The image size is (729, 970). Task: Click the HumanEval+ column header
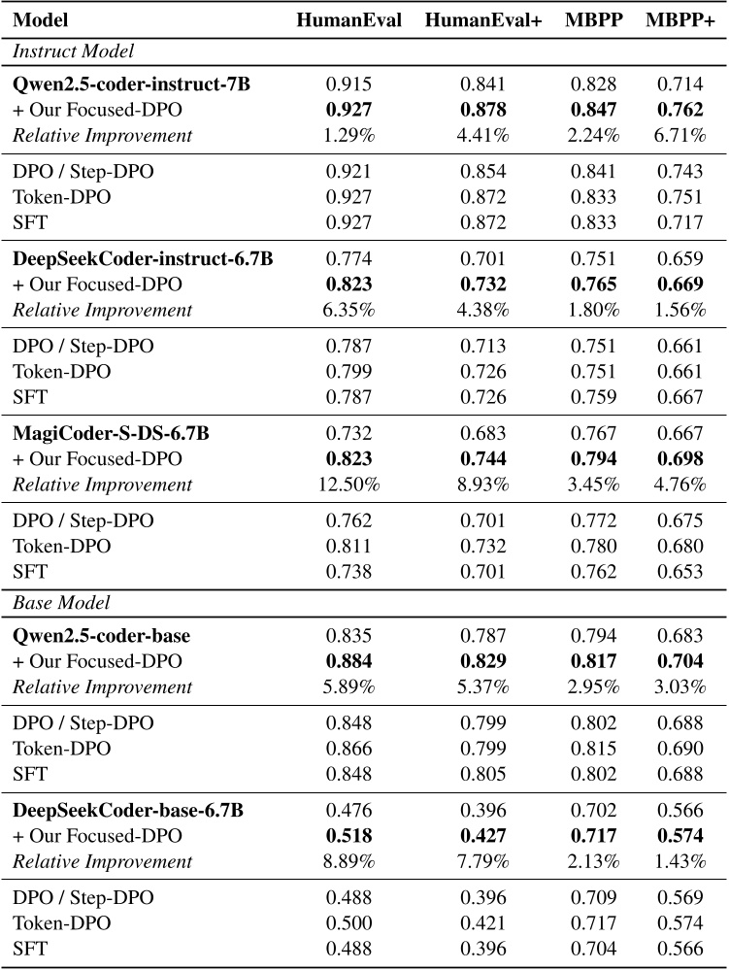pos(482,20)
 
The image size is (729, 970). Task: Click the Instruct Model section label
pos(73,50)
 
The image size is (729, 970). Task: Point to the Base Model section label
pos(61,602)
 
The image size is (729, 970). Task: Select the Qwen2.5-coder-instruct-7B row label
pos(131,84)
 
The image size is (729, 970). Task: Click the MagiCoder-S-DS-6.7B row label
pos(111,434)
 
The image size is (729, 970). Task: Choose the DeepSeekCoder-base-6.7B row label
pos(128,811)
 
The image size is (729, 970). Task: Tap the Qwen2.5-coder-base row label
pos(101,636)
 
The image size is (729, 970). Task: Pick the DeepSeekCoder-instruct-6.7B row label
pos(143,259)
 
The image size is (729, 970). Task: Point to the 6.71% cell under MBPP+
pos(679,135)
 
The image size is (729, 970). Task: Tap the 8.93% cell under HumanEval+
pos(482,485)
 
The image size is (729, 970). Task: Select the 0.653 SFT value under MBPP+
pos(679,572)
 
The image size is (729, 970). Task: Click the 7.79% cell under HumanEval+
pos(482,861)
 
